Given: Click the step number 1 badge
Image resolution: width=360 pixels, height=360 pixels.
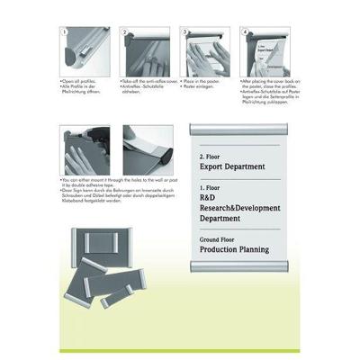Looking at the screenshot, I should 64,31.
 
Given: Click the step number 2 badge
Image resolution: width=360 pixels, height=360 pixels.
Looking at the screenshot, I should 125,31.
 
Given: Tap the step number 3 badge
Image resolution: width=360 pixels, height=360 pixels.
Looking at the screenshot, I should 185,31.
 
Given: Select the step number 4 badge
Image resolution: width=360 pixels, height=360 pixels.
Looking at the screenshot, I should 245,31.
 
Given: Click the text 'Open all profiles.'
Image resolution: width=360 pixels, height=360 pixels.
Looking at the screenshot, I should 78,80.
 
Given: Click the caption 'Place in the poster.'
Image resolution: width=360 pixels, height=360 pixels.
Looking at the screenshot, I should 199,80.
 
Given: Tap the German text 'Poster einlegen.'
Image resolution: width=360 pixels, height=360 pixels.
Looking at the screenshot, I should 198,85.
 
